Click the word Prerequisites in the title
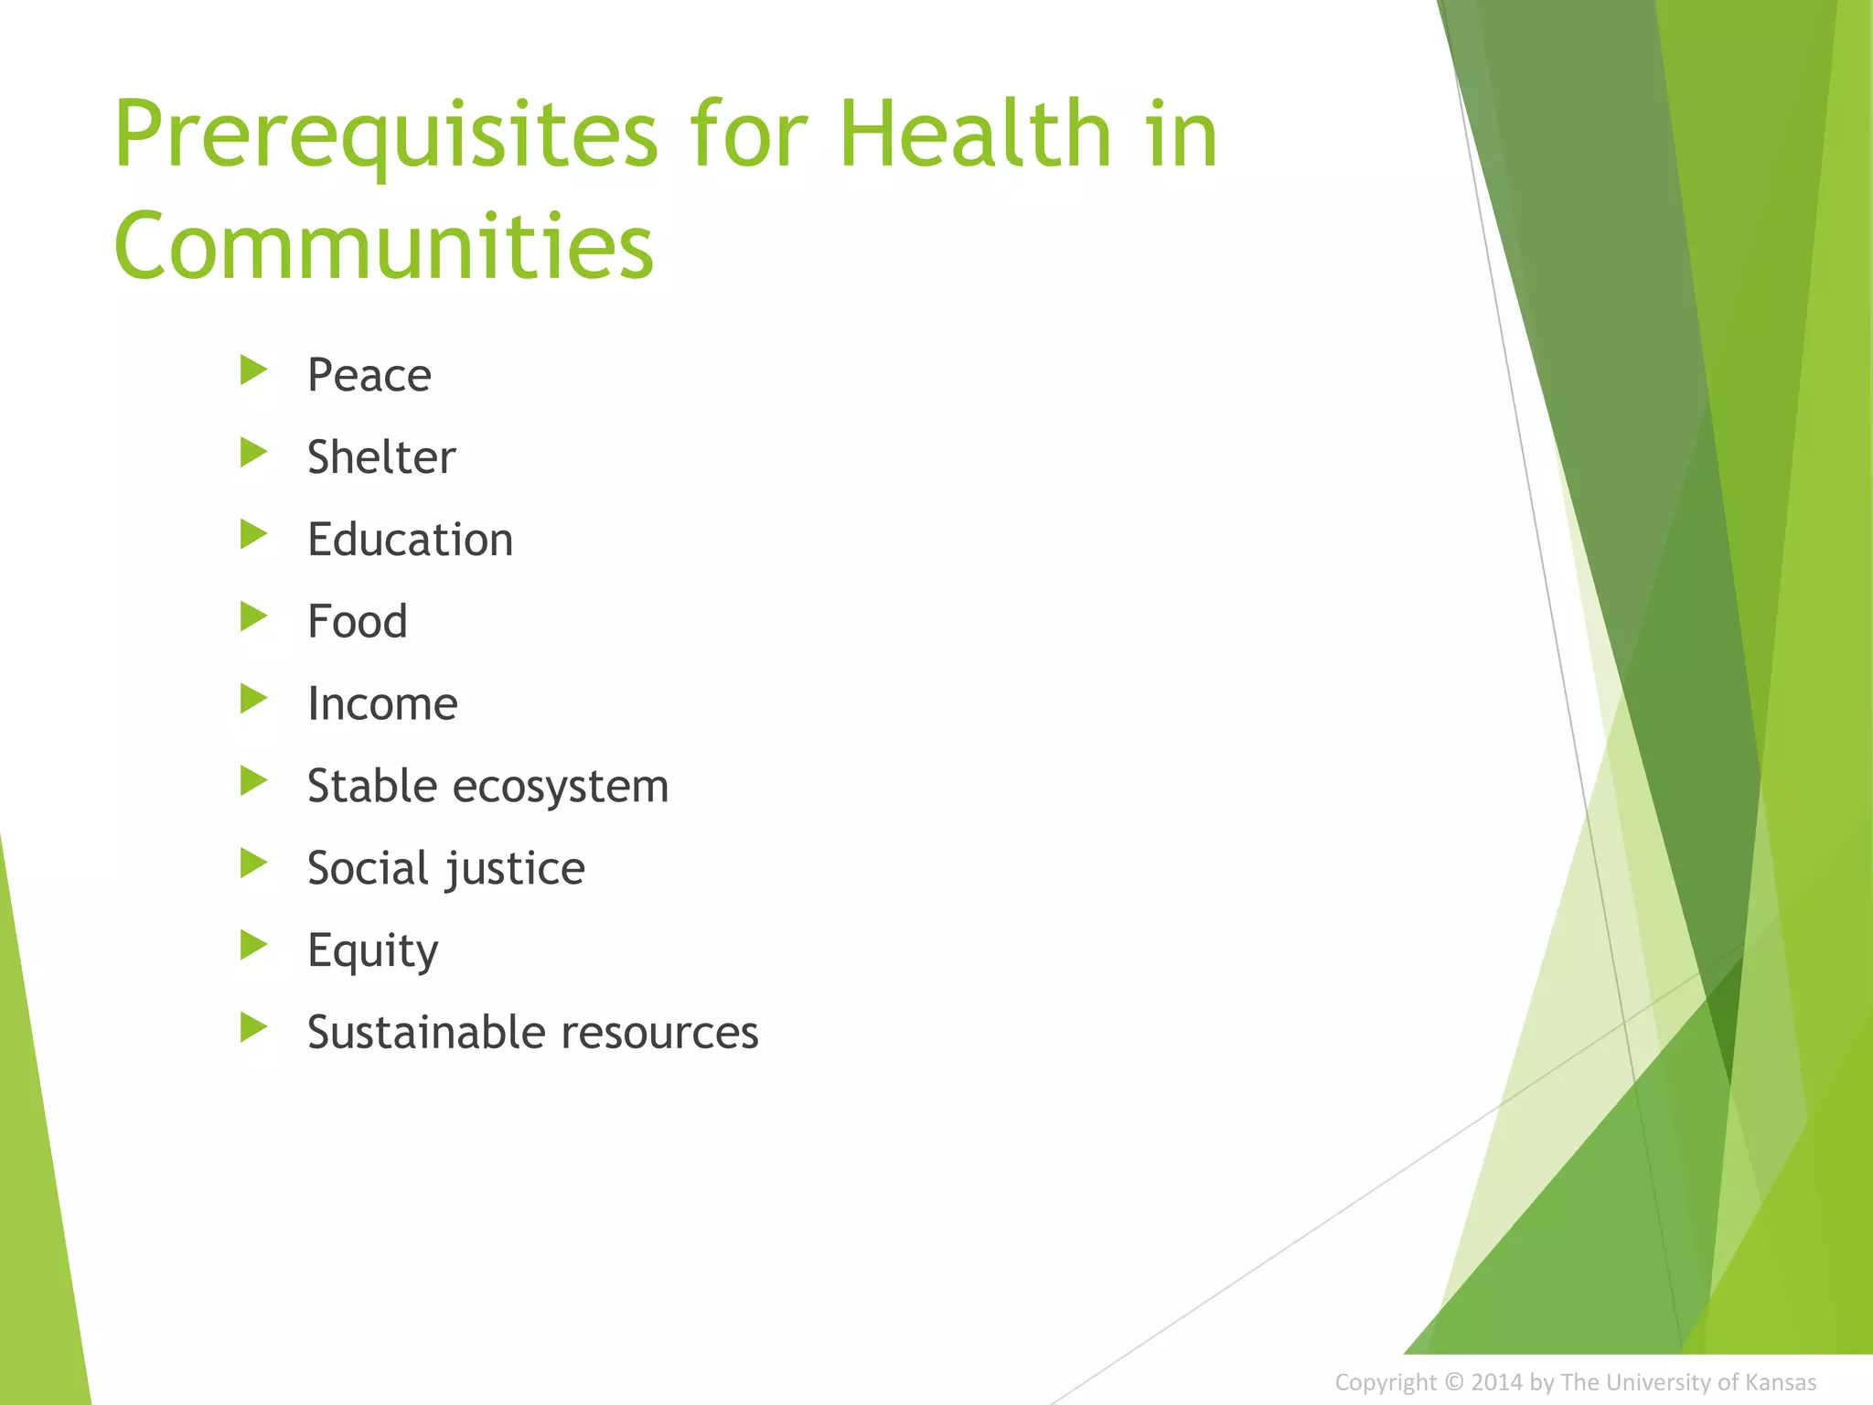[384, 135]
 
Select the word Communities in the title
[383, 245]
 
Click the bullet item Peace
[369, 375]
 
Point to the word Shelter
[380, 457]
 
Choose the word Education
[410, 540]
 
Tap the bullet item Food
[357, 622]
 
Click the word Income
[381, 704]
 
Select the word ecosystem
[561, 787]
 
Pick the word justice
[515, 869]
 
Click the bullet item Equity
[372, 951]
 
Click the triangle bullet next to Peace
[252, 370]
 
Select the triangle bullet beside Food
[252, 617]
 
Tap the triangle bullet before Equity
[252, 945]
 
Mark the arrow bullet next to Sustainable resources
[252, 1027]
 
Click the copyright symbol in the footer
[1453, 1381]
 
